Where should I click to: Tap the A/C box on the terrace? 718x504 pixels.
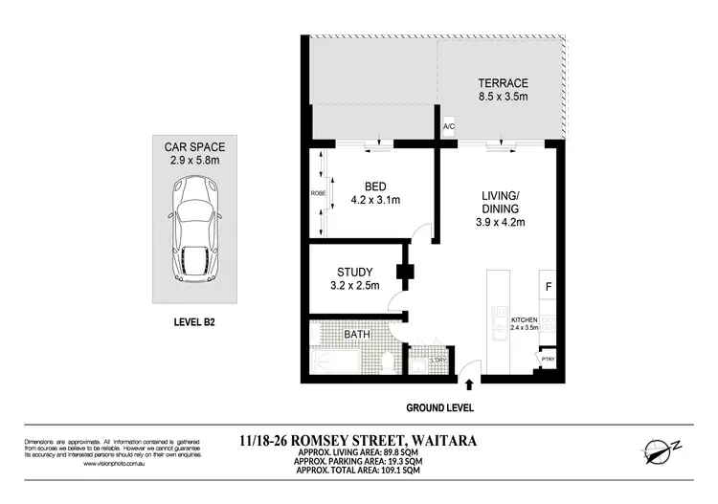coord(448,126)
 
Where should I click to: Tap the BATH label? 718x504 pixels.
coord(357,335)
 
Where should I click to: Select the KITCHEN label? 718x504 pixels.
coord(526,319)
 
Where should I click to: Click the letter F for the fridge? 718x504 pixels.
coord(549,286)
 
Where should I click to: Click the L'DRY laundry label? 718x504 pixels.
coord(438,361)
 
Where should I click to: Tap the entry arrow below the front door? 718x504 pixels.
coord(469,386)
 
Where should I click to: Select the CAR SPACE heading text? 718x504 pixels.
coord(195,146)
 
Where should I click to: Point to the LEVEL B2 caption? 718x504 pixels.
coord(195,323)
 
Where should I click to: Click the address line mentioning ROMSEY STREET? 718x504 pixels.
coord(359,441)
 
